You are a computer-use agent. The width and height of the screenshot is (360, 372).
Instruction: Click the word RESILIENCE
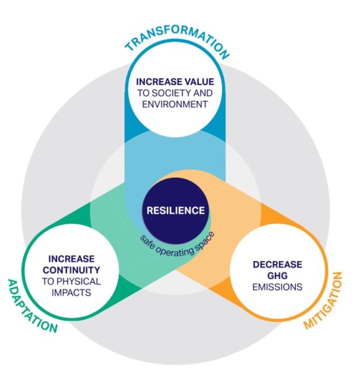[176, 210]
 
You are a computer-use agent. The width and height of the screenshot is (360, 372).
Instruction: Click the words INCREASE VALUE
[175, 82]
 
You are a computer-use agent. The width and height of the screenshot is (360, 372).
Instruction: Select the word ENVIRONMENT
[175, 104]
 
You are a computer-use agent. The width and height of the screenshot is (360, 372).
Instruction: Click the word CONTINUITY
[71, 270]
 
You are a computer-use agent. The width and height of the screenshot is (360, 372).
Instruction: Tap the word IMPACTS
[71, 293]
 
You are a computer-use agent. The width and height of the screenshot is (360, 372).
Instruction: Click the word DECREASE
[277, 265]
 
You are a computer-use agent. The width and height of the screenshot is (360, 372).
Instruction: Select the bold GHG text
[277, 276]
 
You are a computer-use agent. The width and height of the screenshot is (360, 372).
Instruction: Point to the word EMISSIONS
[277, 287]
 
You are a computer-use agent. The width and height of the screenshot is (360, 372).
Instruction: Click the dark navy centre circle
[176, 210]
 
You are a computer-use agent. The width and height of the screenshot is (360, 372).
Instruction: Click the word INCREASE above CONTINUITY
[71, 259]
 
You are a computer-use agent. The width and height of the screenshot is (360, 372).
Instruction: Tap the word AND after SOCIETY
[203, 93]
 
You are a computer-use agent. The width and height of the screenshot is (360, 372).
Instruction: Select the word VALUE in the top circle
[199, 82]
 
